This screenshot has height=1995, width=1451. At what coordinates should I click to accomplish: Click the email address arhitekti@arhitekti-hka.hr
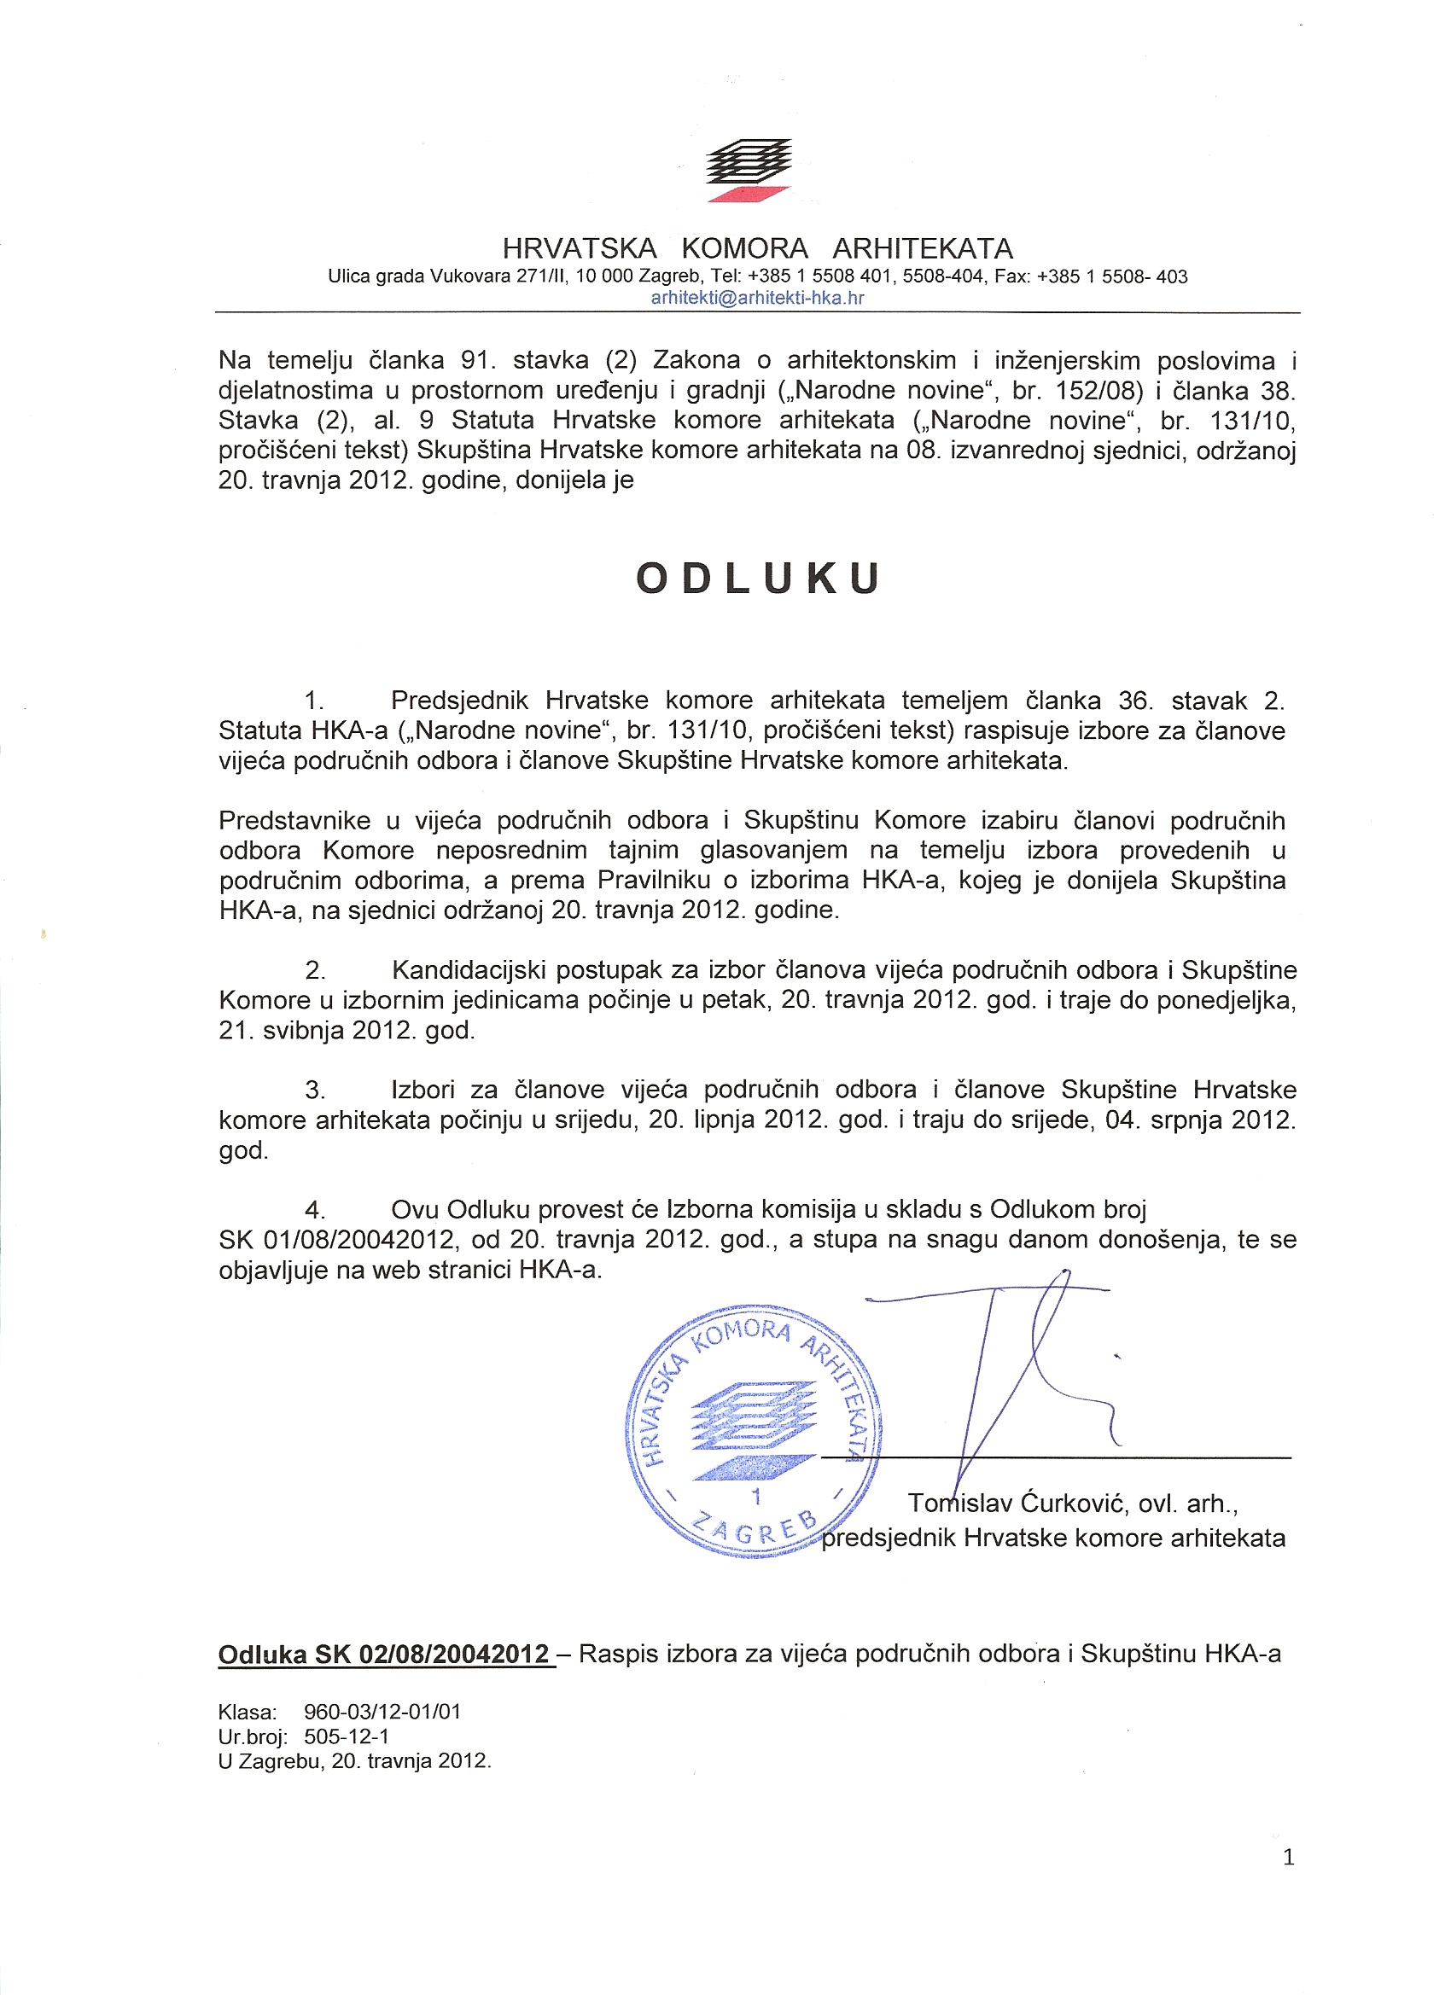tap(757, 297)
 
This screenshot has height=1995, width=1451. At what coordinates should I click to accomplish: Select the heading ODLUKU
tap(758, 579)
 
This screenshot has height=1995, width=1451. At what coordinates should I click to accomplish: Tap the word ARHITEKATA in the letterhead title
tap(923, 248)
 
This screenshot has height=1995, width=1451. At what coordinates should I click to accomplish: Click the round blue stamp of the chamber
tap(753, 1431)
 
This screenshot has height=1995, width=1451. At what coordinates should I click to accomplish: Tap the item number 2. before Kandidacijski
tap(315, 970)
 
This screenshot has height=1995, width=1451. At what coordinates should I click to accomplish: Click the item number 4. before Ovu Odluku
tap(315, 1210)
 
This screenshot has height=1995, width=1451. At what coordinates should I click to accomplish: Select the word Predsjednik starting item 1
tap(460, 701)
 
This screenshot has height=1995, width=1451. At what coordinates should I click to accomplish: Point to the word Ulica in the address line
tap(349, 276)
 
